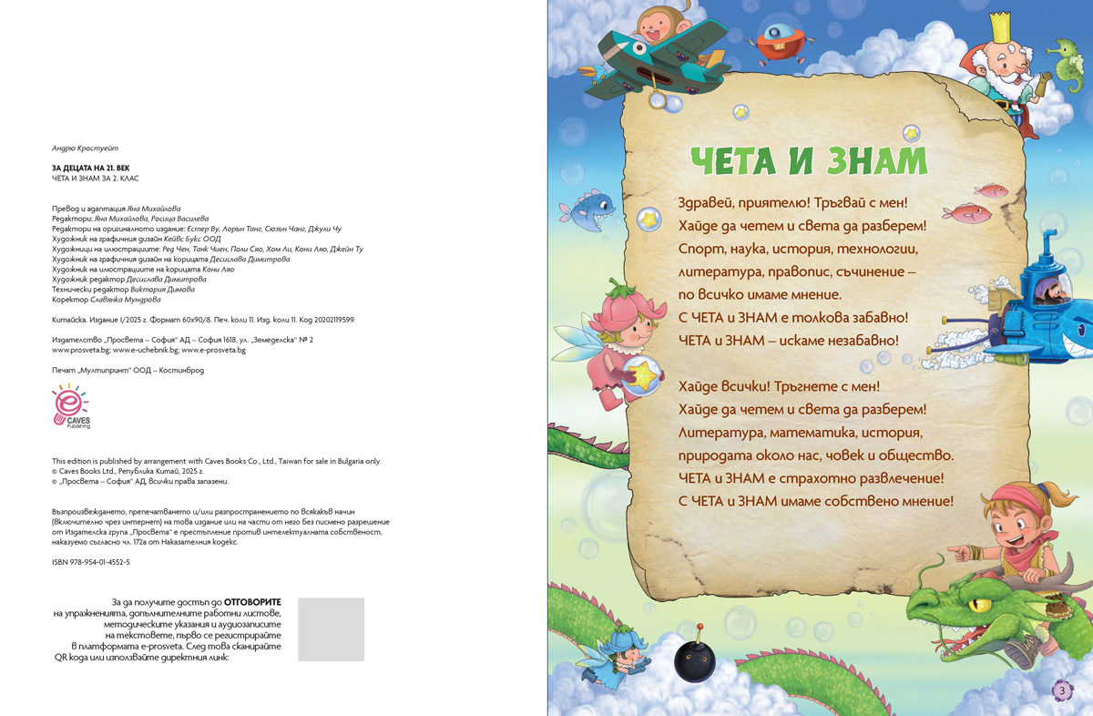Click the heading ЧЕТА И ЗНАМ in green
[809, 161]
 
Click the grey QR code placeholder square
[331, 629]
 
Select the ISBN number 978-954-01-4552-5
[91, 562]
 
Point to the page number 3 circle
[1061, 690]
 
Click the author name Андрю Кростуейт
[86, 148]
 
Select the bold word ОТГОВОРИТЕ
[252, 602]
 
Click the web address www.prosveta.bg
[81, 349]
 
